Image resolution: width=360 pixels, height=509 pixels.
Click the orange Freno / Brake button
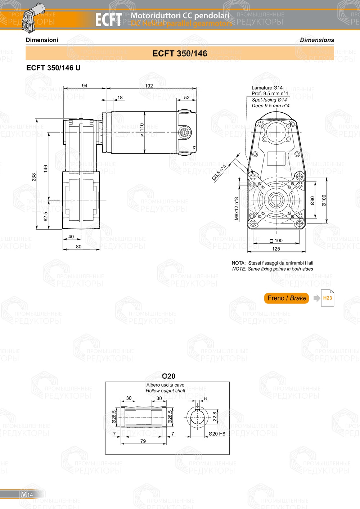(287, 298)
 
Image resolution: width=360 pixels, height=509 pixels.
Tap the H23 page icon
(327, 298)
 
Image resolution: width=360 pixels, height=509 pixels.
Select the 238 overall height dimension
(34, 177)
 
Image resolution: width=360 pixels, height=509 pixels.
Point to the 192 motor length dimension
(149, 86)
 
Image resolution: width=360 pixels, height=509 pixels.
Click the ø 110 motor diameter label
(142, 130)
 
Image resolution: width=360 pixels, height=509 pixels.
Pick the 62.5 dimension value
(46, 216)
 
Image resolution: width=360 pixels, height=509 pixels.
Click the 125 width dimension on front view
(276, 249)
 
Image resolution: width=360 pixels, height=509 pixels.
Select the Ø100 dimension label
(324, 201)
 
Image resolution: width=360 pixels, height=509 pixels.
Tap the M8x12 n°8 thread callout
(237, 208)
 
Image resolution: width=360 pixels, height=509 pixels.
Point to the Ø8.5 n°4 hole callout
(219, 172)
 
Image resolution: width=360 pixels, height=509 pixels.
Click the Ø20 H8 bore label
(217, 434)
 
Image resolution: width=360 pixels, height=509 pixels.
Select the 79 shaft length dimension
(143, 441)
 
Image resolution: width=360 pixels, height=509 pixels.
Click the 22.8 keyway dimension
(215, 416)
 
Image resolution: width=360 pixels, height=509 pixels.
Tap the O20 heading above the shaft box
(168, 376)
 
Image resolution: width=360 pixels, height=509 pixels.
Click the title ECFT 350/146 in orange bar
(180, 53)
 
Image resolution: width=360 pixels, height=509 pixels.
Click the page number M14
(27, 494)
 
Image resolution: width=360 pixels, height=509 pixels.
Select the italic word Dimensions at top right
(317, 40)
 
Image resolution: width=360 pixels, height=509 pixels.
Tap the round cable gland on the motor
(184, 132)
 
